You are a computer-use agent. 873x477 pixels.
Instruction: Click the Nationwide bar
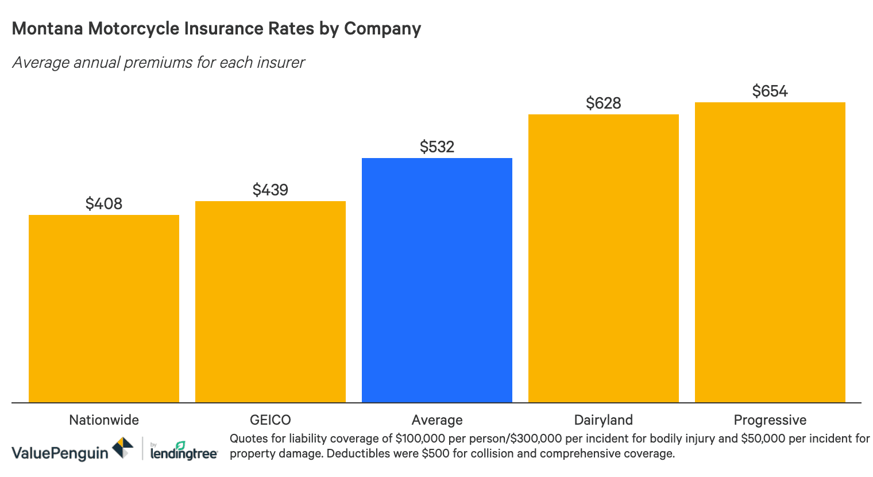click(x=104, y=309)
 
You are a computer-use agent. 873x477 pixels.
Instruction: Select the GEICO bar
click(x=271, y=302)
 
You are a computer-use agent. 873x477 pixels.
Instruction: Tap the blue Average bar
click(x=437, y=280)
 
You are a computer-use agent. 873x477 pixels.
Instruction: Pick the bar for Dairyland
click(x=604, y=258)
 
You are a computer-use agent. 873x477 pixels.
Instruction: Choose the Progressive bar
click(x=770, y=252)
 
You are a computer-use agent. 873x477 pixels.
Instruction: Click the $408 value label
click(x=104, y=203)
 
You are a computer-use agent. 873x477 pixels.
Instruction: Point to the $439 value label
click(x=271, y=190)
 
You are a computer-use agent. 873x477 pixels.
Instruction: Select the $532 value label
click(x=437, y=147)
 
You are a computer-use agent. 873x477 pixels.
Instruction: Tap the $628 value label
click(x=604, y=103)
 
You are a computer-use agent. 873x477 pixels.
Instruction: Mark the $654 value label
click(x=770, y=91)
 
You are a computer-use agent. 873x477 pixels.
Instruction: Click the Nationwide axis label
click(x=104, y=420)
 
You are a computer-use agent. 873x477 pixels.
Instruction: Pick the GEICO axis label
click(x=271, y=420)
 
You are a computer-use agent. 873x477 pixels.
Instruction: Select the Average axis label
click(x=437, y=420)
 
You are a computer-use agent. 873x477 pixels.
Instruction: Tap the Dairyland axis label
click(x=604, y=420)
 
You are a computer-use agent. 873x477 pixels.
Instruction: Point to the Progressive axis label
click(x=770, y=420)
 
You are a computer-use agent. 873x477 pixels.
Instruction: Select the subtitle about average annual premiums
click(x=159, y=62)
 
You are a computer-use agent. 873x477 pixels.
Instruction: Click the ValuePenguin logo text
click(x=60, y=453)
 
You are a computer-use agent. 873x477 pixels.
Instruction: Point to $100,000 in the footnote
click(x=420, y=438)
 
